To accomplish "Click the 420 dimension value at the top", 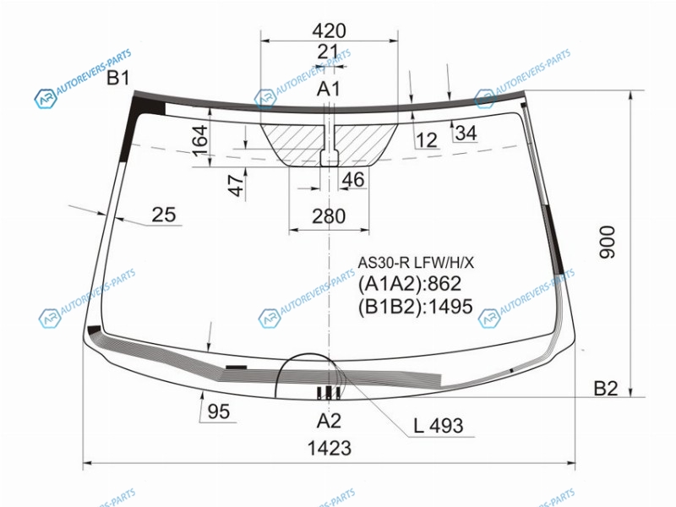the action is (x=329, y=30).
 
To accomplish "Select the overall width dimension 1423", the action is (x=330, y=449).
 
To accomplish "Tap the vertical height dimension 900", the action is (x=607, y=242).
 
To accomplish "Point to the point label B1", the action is (x=118, y=78).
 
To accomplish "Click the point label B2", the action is (x=606, y=389).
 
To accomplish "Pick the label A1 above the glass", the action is (x=329, y=89).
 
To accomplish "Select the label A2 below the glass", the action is (x=329, y=420).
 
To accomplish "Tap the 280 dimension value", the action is (x=329, y=216).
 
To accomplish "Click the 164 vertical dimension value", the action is (x=199, y=141).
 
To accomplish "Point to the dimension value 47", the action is (x=236, y=185).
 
